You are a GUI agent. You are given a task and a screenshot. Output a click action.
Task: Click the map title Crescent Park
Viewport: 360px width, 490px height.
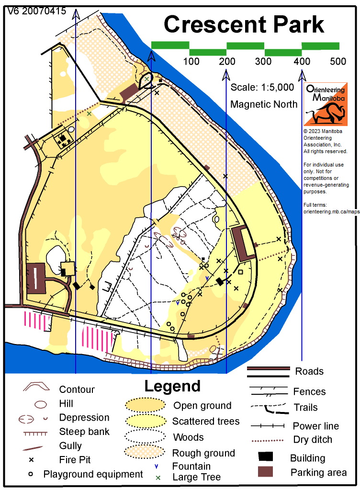(244, 24)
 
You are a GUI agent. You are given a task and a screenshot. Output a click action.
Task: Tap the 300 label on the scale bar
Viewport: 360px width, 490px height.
(263, 61)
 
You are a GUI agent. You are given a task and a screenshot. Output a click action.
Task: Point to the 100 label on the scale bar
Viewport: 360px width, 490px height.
(191, 61)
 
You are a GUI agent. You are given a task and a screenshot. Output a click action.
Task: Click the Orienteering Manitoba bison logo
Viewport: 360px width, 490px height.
(326, 104)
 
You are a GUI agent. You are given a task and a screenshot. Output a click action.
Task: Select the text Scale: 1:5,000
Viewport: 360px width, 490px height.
(262, 88)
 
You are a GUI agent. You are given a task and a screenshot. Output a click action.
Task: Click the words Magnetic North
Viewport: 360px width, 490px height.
(264, 104)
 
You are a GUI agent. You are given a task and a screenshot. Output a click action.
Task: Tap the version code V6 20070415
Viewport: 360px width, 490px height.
(37, 11)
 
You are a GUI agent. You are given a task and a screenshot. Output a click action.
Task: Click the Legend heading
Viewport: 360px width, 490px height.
(172, 386)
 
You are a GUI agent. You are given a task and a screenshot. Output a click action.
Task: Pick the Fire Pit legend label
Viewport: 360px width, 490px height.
(75, 460)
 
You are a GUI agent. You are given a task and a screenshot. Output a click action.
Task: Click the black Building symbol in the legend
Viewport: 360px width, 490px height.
(266, 457)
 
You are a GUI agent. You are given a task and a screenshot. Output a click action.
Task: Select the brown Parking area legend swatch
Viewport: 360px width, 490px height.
(265, 471)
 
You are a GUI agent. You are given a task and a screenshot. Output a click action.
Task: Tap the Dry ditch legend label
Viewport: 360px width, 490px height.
(313, 440)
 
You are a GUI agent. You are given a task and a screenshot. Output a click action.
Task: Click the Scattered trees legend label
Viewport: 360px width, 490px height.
(206, 421)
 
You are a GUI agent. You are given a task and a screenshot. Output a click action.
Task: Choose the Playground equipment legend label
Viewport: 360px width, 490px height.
(93, 474)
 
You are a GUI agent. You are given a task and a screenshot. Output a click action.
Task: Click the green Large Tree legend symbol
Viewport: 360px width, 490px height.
(158, 478)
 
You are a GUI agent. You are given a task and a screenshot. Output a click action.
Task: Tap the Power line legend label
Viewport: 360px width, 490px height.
(316, 426)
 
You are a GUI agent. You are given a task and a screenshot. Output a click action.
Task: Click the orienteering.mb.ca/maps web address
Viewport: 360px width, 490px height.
(332, 212)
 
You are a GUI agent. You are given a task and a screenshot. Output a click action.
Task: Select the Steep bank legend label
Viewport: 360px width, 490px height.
(84, 432)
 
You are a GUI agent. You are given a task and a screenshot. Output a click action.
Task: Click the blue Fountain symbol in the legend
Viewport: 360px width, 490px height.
(156, 467)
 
